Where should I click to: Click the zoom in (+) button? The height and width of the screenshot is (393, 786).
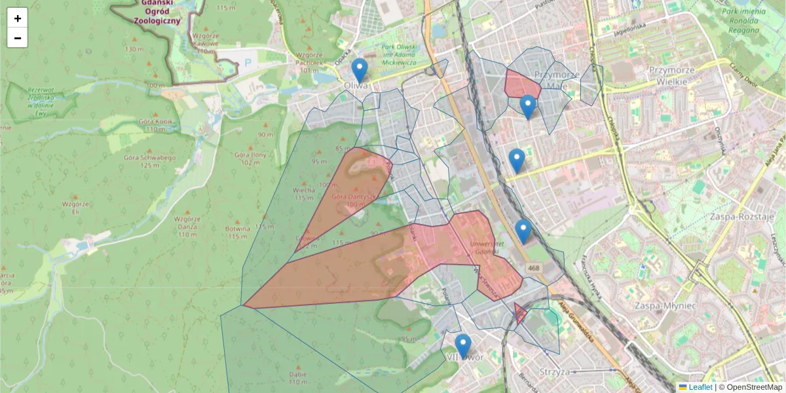click(x=18, y=18)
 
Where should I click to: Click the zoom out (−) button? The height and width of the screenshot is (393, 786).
click(x=18, y=38)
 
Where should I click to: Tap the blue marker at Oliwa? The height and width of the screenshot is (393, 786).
click(x=359, y=70)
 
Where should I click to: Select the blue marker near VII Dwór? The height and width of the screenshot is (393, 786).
click(x=463, y=346)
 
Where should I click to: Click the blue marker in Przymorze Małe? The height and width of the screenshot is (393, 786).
click(x=528, y=106)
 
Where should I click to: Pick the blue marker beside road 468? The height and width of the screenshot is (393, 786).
click(x=523, y=231)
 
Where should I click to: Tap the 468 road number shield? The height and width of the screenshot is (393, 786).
click(x=533, y=269)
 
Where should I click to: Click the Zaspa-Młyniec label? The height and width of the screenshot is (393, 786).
click(x=665, y=305)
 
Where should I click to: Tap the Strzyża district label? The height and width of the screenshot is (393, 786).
click(x=553, y=373)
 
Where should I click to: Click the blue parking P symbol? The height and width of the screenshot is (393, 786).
click(x=247, y=63)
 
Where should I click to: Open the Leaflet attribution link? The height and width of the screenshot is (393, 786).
click(x=700, y=387)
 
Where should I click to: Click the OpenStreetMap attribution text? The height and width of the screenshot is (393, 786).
click(x=754, y=387)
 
